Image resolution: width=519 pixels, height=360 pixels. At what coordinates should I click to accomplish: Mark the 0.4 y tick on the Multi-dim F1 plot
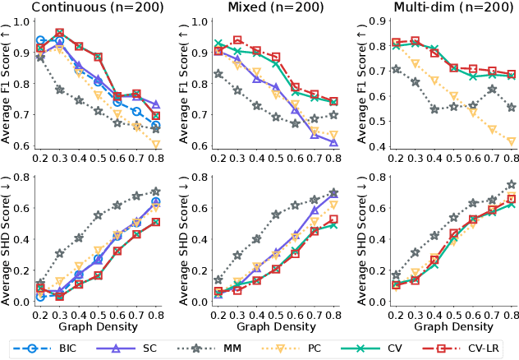pyautogui.click(x=373, y=145)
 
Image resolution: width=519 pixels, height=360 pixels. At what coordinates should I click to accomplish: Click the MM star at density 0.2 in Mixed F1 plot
pyautogui.click(x=218, y=74)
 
